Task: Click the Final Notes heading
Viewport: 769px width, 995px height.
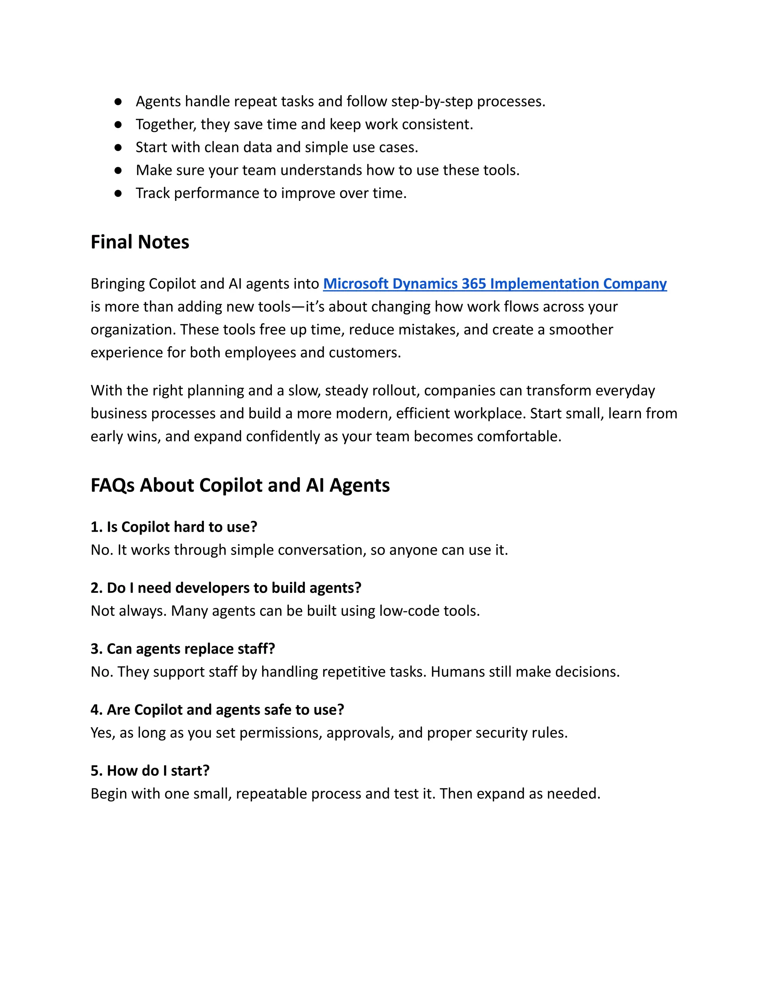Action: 139,242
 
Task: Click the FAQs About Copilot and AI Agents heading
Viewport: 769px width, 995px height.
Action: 240,485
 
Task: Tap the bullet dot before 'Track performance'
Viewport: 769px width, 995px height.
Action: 118,193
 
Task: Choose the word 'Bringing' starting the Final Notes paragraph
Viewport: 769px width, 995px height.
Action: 118,284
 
